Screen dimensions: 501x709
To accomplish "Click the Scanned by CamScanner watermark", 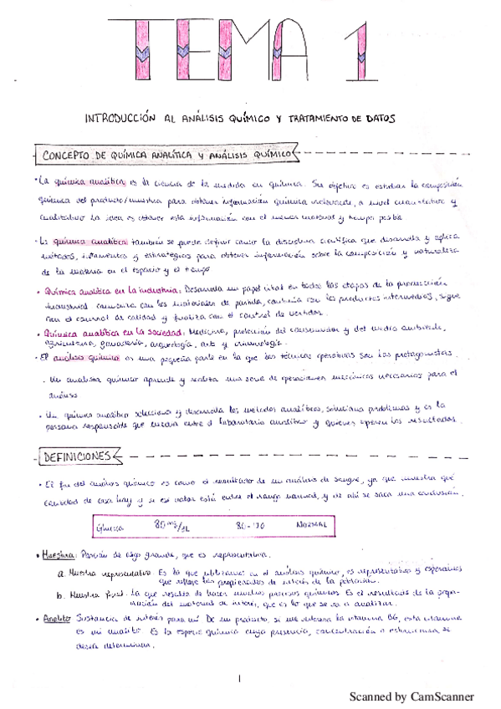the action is click(x=411, y=696).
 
